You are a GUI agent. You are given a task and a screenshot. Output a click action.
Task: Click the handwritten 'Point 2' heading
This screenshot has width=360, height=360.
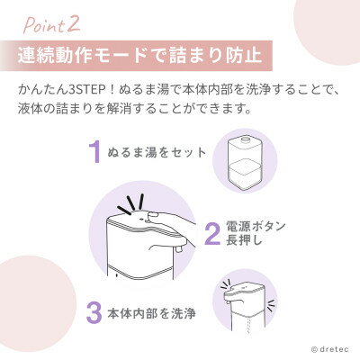(51, 25)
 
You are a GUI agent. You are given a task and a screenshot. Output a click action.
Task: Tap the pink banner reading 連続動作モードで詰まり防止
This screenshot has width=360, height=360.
(136, 56)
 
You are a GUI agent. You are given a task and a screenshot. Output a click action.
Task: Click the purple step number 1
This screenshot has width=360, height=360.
(94, 152)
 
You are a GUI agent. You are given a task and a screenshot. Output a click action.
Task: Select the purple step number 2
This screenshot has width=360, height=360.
(212, 234)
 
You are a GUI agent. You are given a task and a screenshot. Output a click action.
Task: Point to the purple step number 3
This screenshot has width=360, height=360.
(94, 312)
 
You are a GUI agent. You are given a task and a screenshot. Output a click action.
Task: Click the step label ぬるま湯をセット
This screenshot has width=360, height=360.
(157, 153)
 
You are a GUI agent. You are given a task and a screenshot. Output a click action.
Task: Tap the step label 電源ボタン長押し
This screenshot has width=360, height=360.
(256, 234)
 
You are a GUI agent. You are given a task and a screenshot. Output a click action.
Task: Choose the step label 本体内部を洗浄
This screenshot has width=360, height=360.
(152, 314)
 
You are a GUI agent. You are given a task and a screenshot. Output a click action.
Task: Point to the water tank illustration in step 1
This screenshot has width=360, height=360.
(246, 163)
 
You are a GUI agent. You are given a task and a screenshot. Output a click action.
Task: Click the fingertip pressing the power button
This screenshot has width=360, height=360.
(153, 215)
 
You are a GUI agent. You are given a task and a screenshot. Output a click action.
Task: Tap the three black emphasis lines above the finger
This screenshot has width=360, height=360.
(131, 203)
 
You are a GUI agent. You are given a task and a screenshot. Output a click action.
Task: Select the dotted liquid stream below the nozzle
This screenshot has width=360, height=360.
(247, 328)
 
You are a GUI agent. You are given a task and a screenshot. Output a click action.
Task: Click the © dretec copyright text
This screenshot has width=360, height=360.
(330, 349)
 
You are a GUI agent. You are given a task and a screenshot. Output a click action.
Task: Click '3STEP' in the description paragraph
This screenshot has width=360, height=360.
(88, 90)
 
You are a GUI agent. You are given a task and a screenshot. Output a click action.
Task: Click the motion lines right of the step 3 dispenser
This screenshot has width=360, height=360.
(271, 305)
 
